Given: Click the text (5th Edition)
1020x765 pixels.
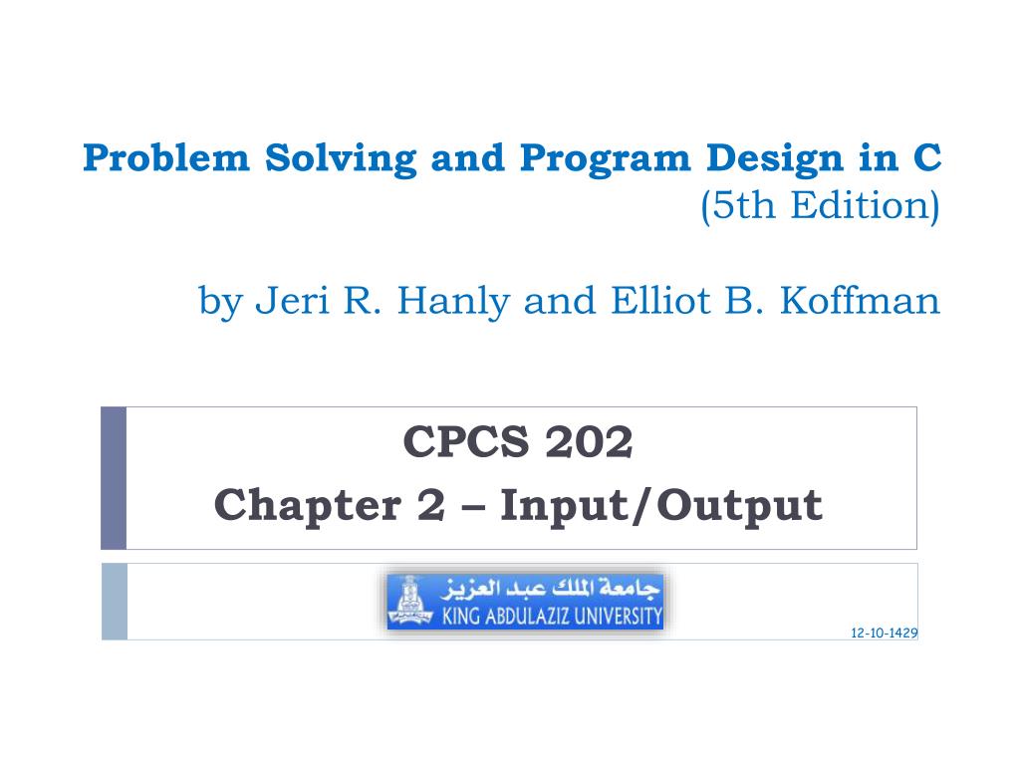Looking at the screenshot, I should coord(820,206).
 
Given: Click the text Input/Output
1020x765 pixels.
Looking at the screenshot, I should coord(661,505).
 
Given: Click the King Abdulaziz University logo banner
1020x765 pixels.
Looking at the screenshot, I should coord(525,601).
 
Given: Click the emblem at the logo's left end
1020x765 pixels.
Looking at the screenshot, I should coord(404,601).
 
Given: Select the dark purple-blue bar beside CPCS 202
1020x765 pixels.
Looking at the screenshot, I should coord(114,477).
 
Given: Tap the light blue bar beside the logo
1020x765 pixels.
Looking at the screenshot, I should coord(115,601).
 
